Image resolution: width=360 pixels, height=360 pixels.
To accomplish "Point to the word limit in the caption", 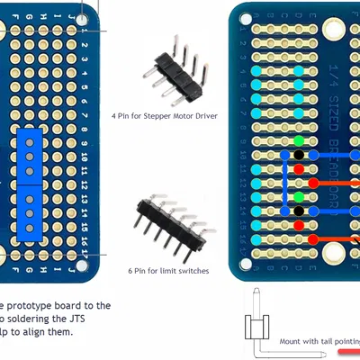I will [167, 271].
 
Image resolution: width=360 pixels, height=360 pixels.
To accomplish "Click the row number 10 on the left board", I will [85, 156].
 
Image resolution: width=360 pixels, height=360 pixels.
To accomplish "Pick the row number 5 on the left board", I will [85, 86].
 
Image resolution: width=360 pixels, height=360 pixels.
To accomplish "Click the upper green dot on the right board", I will [299, 141].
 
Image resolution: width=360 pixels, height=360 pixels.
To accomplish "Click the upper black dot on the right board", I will [299, 156].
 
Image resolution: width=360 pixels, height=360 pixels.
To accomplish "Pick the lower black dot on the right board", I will [299, 211].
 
